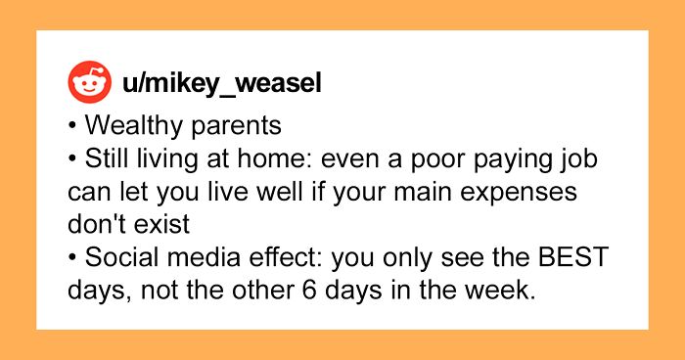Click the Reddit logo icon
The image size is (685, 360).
(x=89, y=84)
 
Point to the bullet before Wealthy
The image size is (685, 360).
(x=75, y=127)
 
